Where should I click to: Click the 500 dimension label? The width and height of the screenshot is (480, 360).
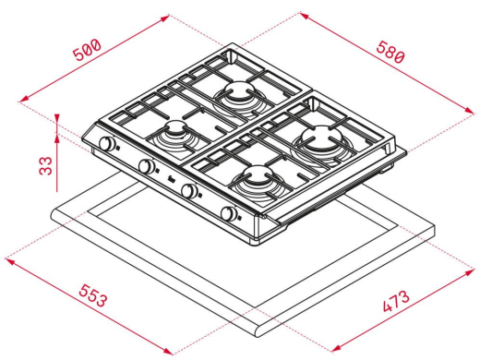tap(87, 49)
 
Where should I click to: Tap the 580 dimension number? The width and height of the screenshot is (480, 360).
tap(390, 52)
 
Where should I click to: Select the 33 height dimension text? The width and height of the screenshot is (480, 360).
tap(46, 165)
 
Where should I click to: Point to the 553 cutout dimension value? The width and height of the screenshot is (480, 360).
tap(93, 295)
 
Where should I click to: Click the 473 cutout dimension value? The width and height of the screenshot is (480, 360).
tap(396, 301)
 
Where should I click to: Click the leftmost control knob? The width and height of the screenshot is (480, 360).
tap(108, 143)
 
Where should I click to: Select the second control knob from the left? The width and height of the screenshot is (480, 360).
tap(147, 166)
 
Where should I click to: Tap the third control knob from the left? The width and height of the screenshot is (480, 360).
tap(189, 191)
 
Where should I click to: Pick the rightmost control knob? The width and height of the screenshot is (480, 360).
tap(229, 213)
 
